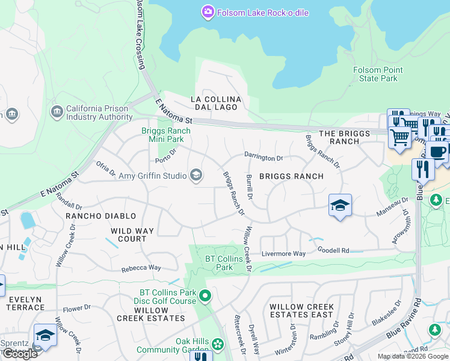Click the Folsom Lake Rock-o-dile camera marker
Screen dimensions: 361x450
point(208,11)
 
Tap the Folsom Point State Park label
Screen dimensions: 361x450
point(378,75)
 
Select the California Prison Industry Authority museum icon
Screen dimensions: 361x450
point(57,112)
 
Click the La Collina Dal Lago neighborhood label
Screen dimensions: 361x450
point(216,103)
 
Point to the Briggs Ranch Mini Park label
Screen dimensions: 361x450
point(165,135)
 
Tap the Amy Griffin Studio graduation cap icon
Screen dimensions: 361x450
point(196,175)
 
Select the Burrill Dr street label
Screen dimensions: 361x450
point(249,187)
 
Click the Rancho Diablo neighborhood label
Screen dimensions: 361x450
point(100,216)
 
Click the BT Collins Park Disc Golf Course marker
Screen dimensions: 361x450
point(206,296)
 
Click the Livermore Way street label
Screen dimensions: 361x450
point(283,254)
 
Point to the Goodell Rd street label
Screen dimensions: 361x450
point(333,250)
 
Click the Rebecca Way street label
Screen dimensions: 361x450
point(141,268)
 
